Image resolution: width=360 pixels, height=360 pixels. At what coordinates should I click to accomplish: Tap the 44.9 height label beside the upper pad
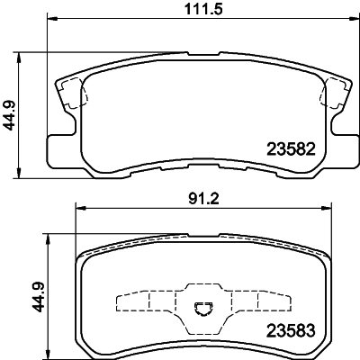(x=11, y=113)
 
